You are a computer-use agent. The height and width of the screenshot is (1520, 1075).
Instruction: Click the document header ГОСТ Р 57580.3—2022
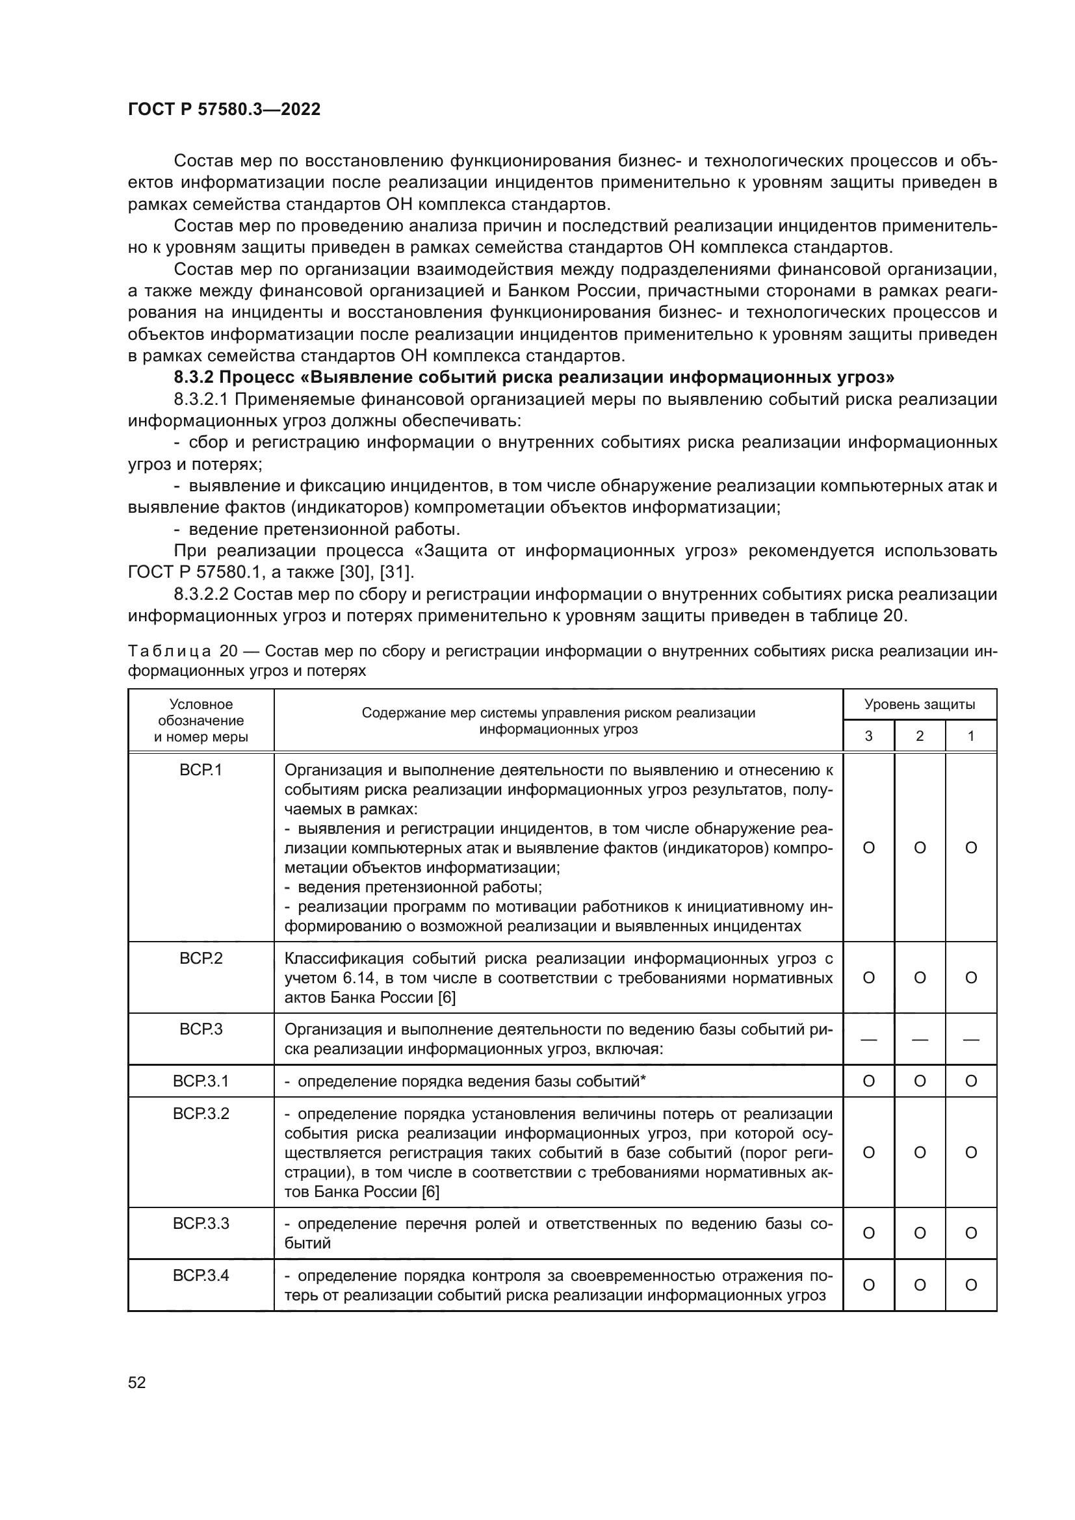[x=224, y=110]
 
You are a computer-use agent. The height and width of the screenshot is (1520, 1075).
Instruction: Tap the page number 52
[x=136, y=1382]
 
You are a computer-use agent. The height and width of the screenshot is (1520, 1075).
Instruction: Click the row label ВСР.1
[x=201, y=771]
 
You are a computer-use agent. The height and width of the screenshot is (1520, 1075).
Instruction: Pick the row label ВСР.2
[x=201, y=959]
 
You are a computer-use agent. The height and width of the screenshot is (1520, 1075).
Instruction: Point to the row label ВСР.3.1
[x=201, y=1081]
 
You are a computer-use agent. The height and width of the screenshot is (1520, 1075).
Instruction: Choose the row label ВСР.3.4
[x=201, y=1276]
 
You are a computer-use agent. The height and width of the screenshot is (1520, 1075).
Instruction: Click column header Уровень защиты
[x=920, y=704]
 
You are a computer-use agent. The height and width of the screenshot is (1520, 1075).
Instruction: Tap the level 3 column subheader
[x=868, y=736]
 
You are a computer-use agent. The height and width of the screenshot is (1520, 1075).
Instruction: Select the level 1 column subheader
[x=970, y=736]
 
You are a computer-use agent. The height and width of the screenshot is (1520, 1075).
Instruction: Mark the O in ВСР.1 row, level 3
[x=868, y=848]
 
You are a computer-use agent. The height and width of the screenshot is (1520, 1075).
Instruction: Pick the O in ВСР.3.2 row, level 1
[x=970, y=1153]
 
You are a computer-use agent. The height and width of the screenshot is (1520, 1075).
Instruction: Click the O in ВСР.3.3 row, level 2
[x=920, y=1233]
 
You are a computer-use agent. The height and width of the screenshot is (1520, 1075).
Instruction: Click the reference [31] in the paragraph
[x=396, y=572]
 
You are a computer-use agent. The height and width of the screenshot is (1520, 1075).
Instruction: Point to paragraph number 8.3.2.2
[x=201, y=595]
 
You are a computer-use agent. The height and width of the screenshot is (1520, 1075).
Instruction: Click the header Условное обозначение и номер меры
[x=201, y=720]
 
